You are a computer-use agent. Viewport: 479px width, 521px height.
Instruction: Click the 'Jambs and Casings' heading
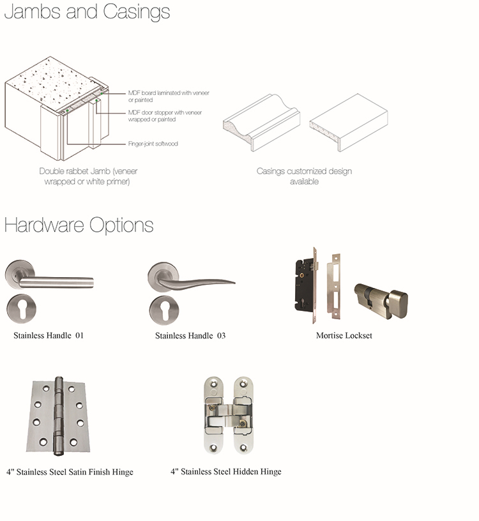[87, 12]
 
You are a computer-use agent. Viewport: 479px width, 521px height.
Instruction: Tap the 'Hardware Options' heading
[79, 225]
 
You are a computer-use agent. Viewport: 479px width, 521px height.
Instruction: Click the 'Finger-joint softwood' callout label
[153, 144]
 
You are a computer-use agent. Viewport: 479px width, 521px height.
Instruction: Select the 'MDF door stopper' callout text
[165, 116]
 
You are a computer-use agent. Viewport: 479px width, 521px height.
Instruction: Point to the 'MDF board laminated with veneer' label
[169, 96]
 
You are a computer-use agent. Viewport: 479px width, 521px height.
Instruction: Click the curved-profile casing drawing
[262, 123]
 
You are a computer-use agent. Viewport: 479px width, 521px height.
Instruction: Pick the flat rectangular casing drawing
[348, 123]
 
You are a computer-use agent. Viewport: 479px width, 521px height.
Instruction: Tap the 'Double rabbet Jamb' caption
[87, 176]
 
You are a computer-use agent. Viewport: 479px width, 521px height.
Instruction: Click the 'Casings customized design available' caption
[304, 176]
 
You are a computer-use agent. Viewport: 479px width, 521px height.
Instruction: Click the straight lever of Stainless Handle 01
[56, 282]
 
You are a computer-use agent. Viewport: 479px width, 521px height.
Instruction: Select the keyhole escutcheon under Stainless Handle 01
[22, 308]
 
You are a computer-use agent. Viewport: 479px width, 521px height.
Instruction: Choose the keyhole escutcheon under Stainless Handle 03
[164, 310]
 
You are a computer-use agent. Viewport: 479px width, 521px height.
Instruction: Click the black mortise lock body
[305, 285]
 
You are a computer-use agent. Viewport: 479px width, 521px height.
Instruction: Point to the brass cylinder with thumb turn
[381, 301]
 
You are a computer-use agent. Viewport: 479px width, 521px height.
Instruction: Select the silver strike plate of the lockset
[334, 286]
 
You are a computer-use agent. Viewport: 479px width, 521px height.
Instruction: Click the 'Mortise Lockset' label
[344, 336]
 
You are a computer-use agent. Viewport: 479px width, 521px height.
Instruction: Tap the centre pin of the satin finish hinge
[59, 416]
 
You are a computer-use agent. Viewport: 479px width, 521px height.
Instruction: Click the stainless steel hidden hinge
[228, 415]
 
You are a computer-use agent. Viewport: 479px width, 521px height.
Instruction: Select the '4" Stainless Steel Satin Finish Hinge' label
[70, 472]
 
